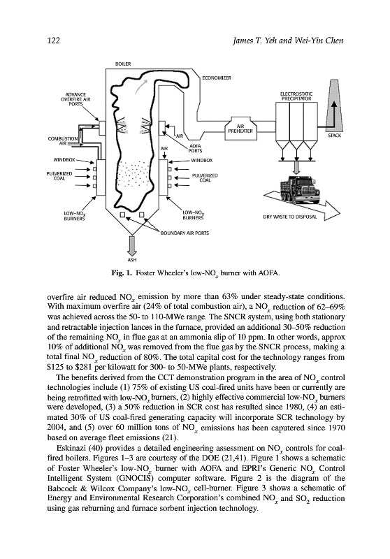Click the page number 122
53,41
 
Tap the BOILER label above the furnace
123,64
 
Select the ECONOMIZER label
217,78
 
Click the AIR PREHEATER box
240,129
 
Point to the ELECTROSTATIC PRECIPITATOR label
296,96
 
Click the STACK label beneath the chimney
334,136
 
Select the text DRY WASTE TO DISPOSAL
290,217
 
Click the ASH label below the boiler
132,260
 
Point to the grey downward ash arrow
132,245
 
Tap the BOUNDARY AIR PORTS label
185,233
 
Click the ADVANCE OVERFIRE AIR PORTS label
75,99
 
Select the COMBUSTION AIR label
63,141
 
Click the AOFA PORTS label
196,148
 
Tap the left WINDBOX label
64,160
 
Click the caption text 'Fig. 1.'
122,273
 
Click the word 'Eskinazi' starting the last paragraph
68,448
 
